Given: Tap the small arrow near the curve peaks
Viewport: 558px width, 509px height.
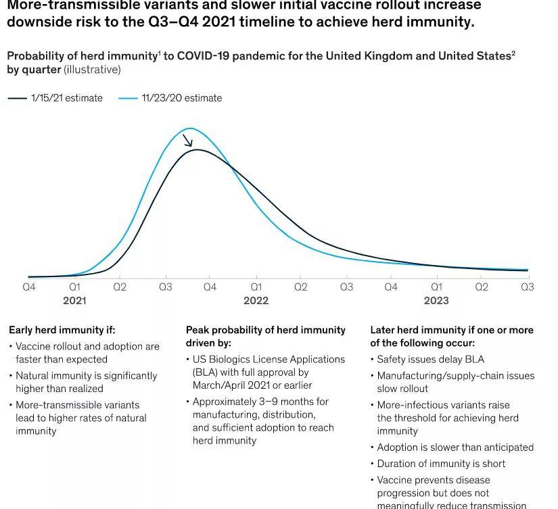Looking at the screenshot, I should (187, 140).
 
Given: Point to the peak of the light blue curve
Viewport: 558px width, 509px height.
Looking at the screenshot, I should (190, 128).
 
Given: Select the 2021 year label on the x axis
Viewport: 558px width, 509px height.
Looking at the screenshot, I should (74, 300).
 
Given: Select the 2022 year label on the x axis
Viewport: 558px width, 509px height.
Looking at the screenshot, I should (256, 300).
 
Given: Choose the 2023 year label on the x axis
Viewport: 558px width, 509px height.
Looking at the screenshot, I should (436, 300).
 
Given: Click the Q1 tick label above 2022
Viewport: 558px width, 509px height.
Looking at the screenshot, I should (256, 287).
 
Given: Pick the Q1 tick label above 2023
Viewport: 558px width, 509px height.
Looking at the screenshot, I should (436, 287).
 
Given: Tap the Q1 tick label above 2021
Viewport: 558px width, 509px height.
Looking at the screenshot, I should (74, 287).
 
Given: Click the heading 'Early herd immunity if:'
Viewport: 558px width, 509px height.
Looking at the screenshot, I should (62, 330).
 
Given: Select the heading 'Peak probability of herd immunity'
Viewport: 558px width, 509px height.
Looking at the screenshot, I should (266, 330).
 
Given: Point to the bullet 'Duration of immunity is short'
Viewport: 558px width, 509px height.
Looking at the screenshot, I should (441, 464).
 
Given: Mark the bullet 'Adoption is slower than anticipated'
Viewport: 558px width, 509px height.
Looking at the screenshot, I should (455, 447).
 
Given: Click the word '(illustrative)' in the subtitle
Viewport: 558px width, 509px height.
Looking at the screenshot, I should (92, 70).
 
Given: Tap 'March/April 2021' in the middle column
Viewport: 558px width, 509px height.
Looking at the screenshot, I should (232, 385).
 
